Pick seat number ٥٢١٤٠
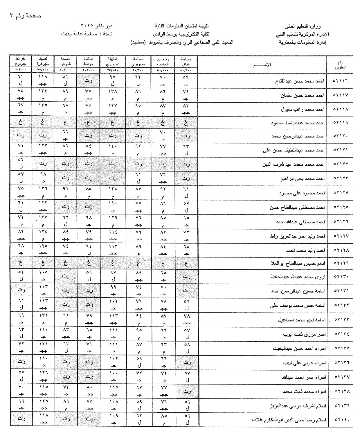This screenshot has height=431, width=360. pos(340,419)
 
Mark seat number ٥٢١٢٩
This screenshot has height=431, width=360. pos(340,263)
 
